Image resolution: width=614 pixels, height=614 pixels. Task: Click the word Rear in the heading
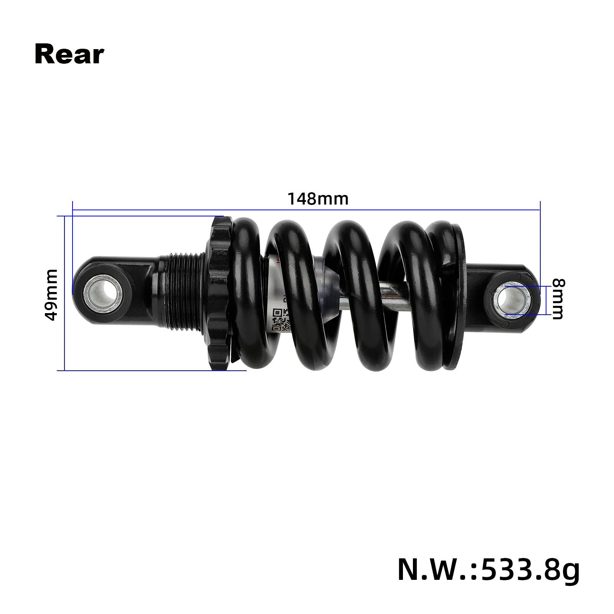tap(69, 55)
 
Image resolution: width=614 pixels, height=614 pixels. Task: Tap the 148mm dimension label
tap(318, 199)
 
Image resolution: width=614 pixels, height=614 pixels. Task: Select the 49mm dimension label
tap(51, 294)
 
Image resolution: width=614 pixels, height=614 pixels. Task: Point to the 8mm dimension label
tap(558, 299)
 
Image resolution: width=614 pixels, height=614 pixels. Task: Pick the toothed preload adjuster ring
tap(220, 294)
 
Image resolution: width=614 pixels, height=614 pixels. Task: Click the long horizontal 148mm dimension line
tap(307, 210)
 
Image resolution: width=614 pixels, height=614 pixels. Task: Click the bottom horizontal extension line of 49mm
tap(153, 370)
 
